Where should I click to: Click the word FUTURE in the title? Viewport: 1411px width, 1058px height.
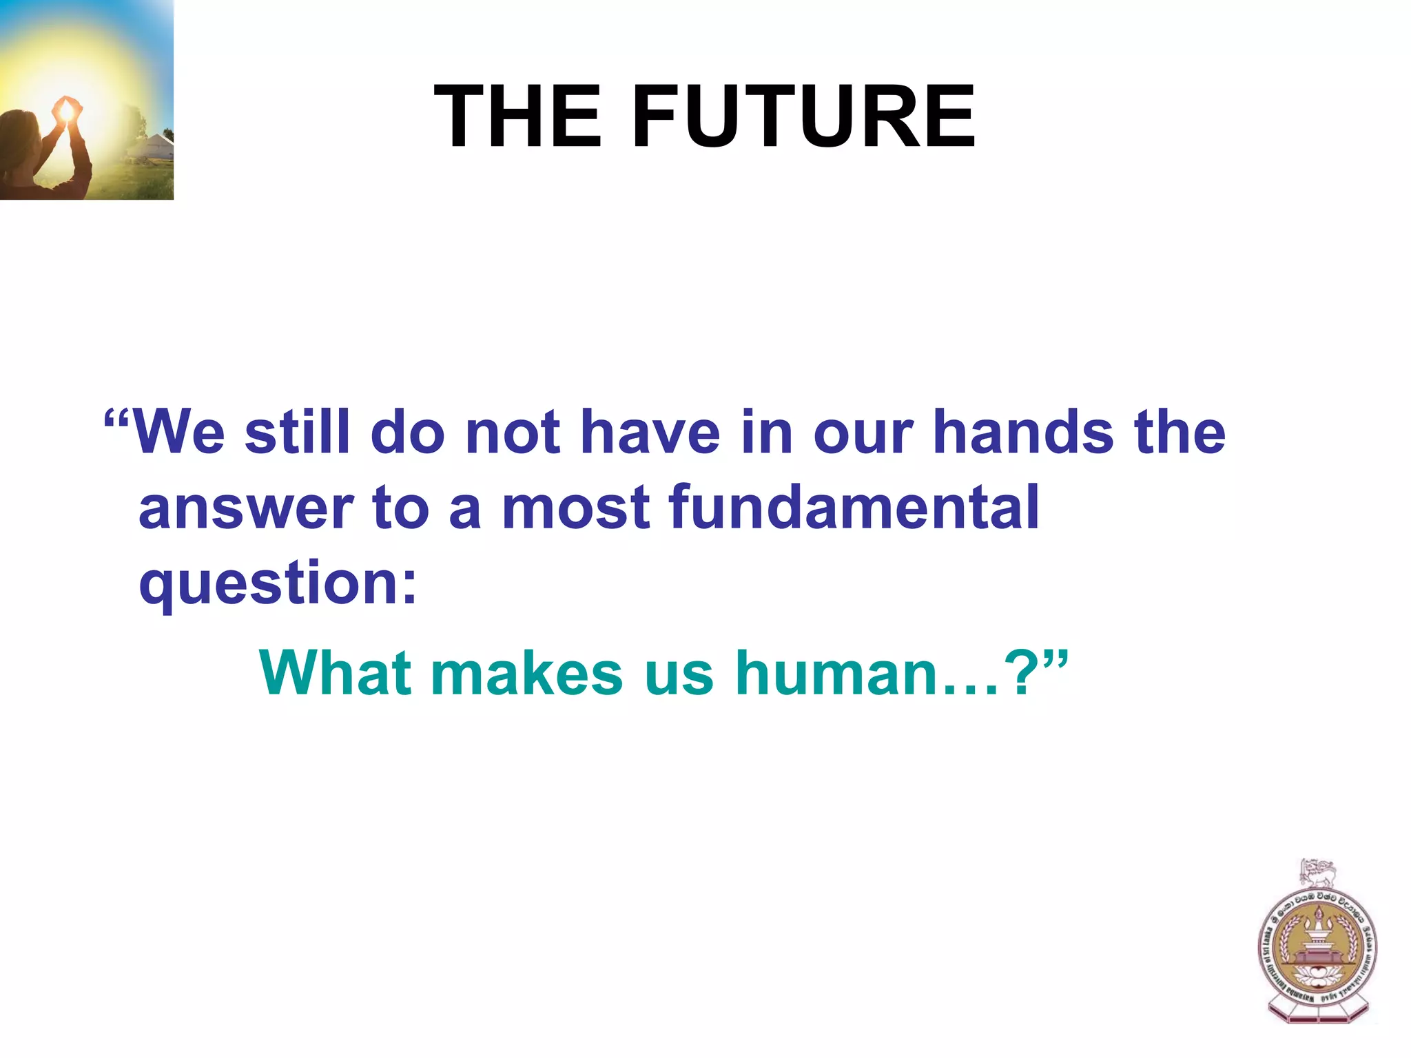(803, 116)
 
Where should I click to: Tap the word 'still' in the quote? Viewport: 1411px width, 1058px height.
(298, 433)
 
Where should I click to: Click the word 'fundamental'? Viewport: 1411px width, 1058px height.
(854, 508)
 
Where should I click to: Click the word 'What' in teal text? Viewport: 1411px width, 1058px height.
(336, 673)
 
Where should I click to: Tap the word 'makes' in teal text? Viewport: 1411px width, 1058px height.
(527, 673)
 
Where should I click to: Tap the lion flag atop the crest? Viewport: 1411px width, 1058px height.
(1317, 875)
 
